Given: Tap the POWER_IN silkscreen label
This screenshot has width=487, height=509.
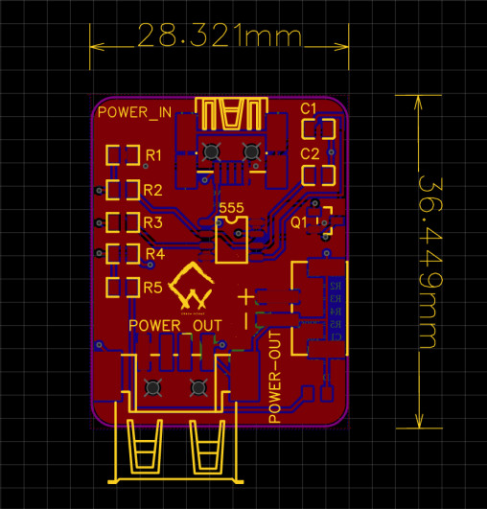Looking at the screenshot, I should click(x=134, y=112).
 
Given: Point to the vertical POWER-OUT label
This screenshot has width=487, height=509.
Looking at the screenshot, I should click(x=276, y=377).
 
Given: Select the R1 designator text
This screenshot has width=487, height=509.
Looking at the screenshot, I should click(x=153, y=154).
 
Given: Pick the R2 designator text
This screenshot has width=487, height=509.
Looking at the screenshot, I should click(x=153, y=189).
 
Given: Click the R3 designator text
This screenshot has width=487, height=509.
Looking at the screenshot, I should click(x=153, y=222).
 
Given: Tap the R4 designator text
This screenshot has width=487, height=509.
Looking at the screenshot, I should click(x=153, y=254).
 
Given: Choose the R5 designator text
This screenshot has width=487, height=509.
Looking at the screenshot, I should click(x=153, y=288).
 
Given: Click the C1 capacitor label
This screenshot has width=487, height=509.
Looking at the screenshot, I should click(x=310, y=107).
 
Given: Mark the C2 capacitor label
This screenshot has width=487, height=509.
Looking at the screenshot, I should click(x=310, y=153).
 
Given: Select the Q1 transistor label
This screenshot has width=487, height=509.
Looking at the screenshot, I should click(x=298, y=220).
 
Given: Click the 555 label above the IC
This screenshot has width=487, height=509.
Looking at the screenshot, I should click(x=231, y=207).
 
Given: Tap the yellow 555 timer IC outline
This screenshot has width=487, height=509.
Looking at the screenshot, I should click(x=231, y=239).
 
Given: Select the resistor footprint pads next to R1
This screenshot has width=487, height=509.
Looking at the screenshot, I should click(x=122, y=154).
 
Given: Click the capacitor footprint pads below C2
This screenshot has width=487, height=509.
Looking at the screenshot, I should click(x=317, y=175).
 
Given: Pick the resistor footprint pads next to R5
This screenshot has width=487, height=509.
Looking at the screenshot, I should click(x=122, y=288).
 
